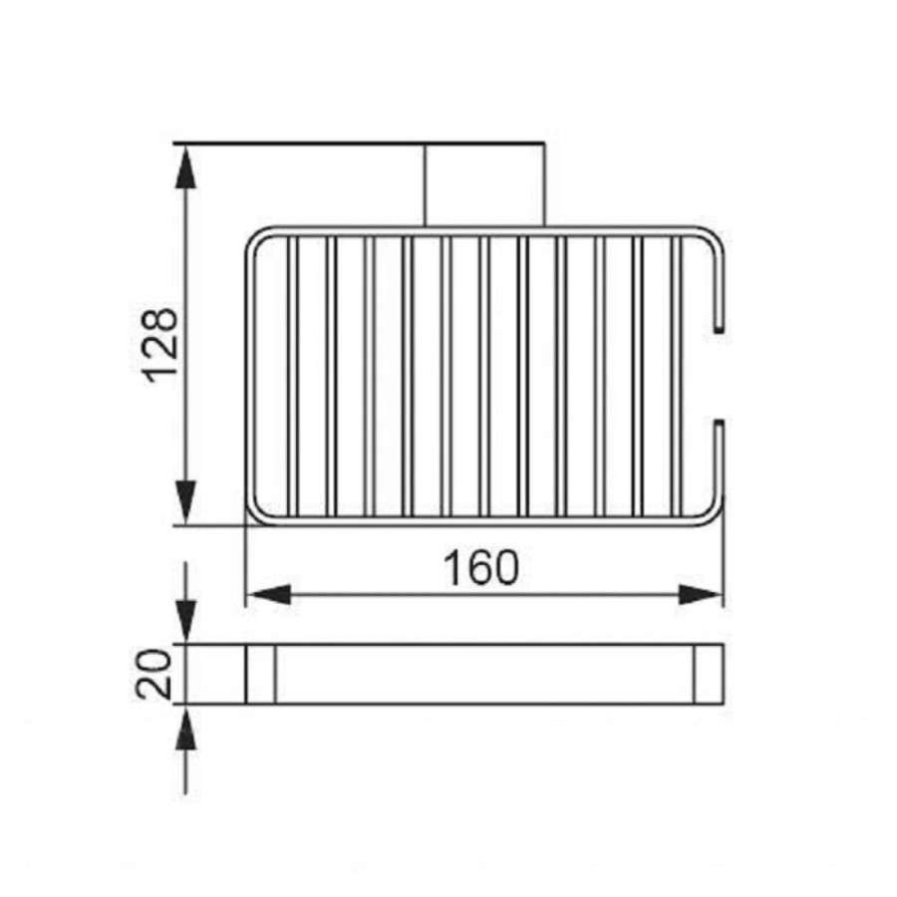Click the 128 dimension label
tap(160, 345)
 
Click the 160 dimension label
tap(481, 567)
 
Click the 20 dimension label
tap(154, 674)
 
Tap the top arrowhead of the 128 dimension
tap(184, 167)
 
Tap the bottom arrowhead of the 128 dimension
tap(184, 502)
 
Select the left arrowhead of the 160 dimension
tap(268, 595)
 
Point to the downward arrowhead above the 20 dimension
tap(184, 622)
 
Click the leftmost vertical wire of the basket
tap(292, 376)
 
